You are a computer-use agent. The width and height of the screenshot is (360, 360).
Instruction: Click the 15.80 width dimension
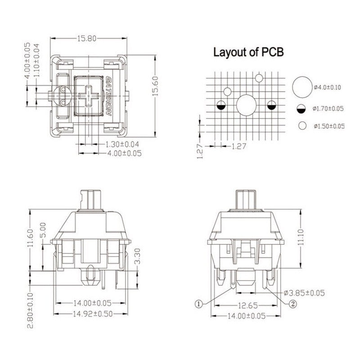[x=87, y=39]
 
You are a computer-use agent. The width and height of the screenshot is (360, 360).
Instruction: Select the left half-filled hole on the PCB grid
[x=221, y=106]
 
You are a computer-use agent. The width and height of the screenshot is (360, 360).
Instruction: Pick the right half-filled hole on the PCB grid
[x=271, y=106]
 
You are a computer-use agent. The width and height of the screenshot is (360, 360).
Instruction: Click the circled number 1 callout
[x=198, y=304]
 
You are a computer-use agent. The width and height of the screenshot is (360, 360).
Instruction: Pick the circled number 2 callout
[x=292, y=304]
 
